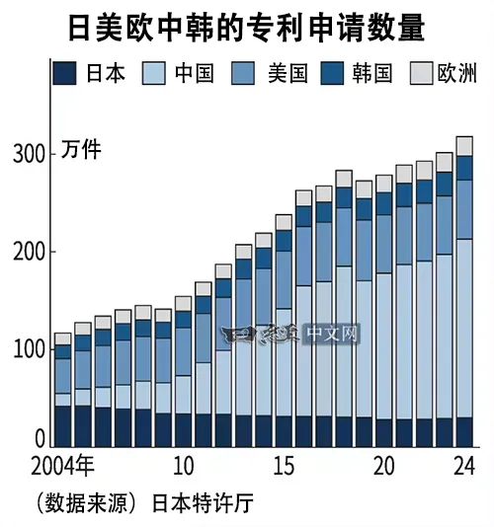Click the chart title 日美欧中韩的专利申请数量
pyautogui.click(x=247, y=28)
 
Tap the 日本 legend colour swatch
pyautogui.click(x=64, y=73)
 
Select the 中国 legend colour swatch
pyautogui.click(x=154, y=73)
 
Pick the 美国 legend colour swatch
pyautogui.click(x=243, y=73)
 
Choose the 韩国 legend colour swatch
pyautogui.click(x=332, y=73)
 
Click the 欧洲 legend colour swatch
pyautogui.click(x=421, y=73)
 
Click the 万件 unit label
pyautogui.click(x=81, y=149)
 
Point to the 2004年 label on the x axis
pyautogui.click(x=62, y=466)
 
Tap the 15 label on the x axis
pyautogui.click(x=284, y=466)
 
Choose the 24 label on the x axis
pyautogui.click(x=464, y=466)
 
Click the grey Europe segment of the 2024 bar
pyautogui.click(x=464, y=146)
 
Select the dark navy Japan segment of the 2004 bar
pyautogui.click(x=63, y=426)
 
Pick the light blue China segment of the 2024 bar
pyautogui.click(x=464, y=329)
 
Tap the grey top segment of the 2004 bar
pyautogui.click(x=63, y=339)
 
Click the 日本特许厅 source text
pyautogui.click(x=203, y=503)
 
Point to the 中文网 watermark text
pyautogui.click(x=332, y=334)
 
